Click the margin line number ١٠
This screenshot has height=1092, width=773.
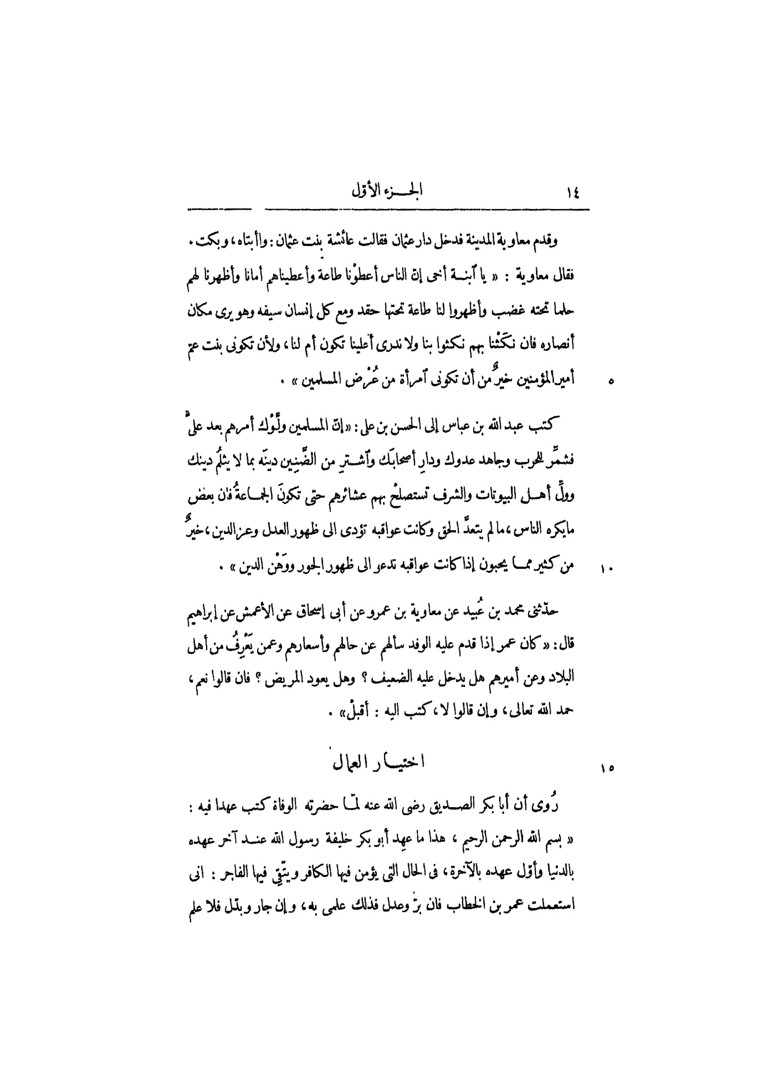coord(608,569)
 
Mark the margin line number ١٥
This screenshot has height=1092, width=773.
coord(608,768)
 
